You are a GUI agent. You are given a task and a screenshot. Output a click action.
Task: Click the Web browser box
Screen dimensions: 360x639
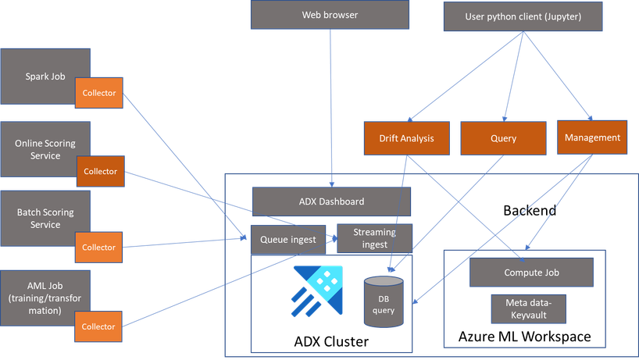click(x=330, y=15)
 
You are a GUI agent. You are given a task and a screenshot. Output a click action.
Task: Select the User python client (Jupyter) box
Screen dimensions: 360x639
click(x=523, y=16)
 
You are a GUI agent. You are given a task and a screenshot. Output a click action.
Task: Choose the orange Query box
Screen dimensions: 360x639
click(x=503, y=138)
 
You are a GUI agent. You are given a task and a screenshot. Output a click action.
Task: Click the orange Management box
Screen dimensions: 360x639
click(x=593, y=137)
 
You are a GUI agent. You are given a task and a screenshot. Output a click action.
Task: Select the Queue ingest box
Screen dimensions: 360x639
click(x=287, y=240)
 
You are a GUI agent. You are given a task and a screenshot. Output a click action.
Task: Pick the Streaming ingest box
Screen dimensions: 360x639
click(x=374, y=237)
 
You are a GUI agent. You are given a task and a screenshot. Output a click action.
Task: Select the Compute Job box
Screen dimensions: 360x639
click(x=530, y=273)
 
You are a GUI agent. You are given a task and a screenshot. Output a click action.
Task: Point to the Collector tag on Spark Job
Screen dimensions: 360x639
click(x=99, y=94)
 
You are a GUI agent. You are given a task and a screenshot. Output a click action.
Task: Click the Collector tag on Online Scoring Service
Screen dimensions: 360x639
click(x=100, y=171)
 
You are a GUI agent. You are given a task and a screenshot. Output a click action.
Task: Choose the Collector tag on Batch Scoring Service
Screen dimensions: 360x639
click(x=99, y=248)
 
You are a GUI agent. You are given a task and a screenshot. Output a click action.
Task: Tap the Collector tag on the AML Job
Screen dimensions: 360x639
click(x=99, y=326)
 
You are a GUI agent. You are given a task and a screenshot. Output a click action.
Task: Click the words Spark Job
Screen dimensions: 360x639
click(x=45, y=77)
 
